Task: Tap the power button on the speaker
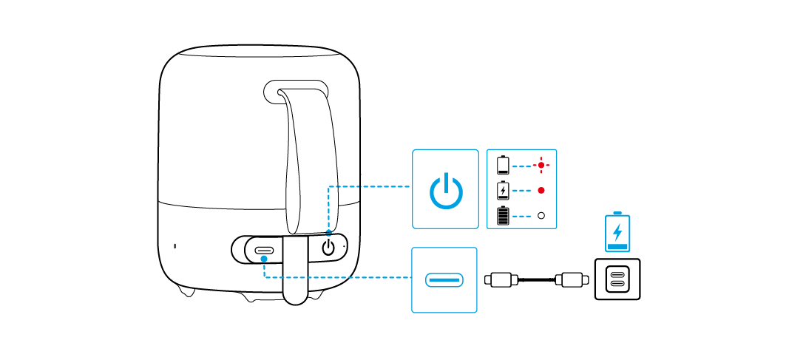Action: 329,247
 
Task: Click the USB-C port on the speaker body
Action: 264,251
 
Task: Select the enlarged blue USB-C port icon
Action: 444,280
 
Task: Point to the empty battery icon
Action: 504,165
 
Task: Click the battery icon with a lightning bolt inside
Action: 504,191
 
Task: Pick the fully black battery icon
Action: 504,216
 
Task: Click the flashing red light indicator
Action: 541,165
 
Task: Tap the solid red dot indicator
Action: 541,191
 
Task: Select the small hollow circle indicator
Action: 541,216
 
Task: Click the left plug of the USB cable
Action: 500,280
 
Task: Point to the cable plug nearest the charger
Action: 572,280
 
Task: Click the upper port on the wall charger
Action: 617,274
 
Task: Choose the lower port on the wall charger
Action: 617,286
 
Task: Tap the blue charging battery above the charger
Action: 617,232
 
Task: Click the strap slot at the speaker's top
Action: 296,90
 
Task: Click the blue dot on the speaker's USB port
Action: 264,259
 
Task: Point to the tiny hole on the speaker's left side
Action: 175,246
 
